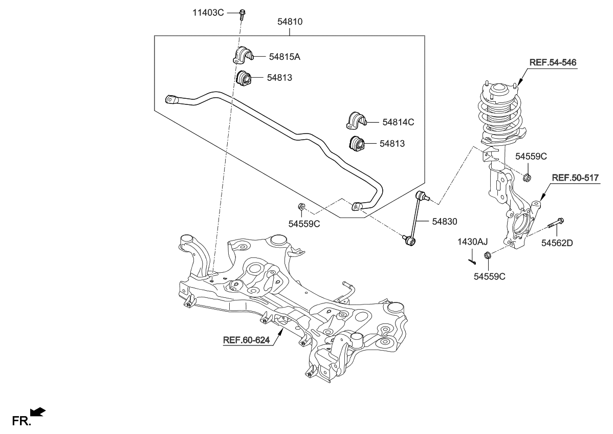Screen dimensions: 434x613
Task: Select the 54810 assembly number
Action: [x=290, y=22]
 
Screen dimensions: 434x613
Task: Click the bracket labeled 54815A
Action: [x=242, y=55]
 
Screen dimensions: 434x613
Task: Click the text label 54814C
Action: [x=398, y=122]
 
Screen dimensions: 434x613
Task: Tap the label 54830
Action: [x=444, y=222]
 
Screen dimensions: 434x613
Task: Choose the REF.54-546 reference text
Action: [x=553, y=62]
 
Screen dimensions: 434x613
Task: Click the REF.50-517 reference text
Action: [x=575, y=178]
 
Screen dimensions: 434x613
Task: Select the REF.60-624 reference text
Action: [x=246, y=339]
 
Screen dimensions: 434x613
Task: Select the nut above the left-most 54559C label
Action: [x=301, y=207]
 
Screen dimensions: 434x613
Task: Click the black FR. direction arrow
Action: [x=38, y=411]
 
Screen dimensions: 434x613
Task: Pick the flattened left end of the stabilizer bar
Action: [x=172, y=99]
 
